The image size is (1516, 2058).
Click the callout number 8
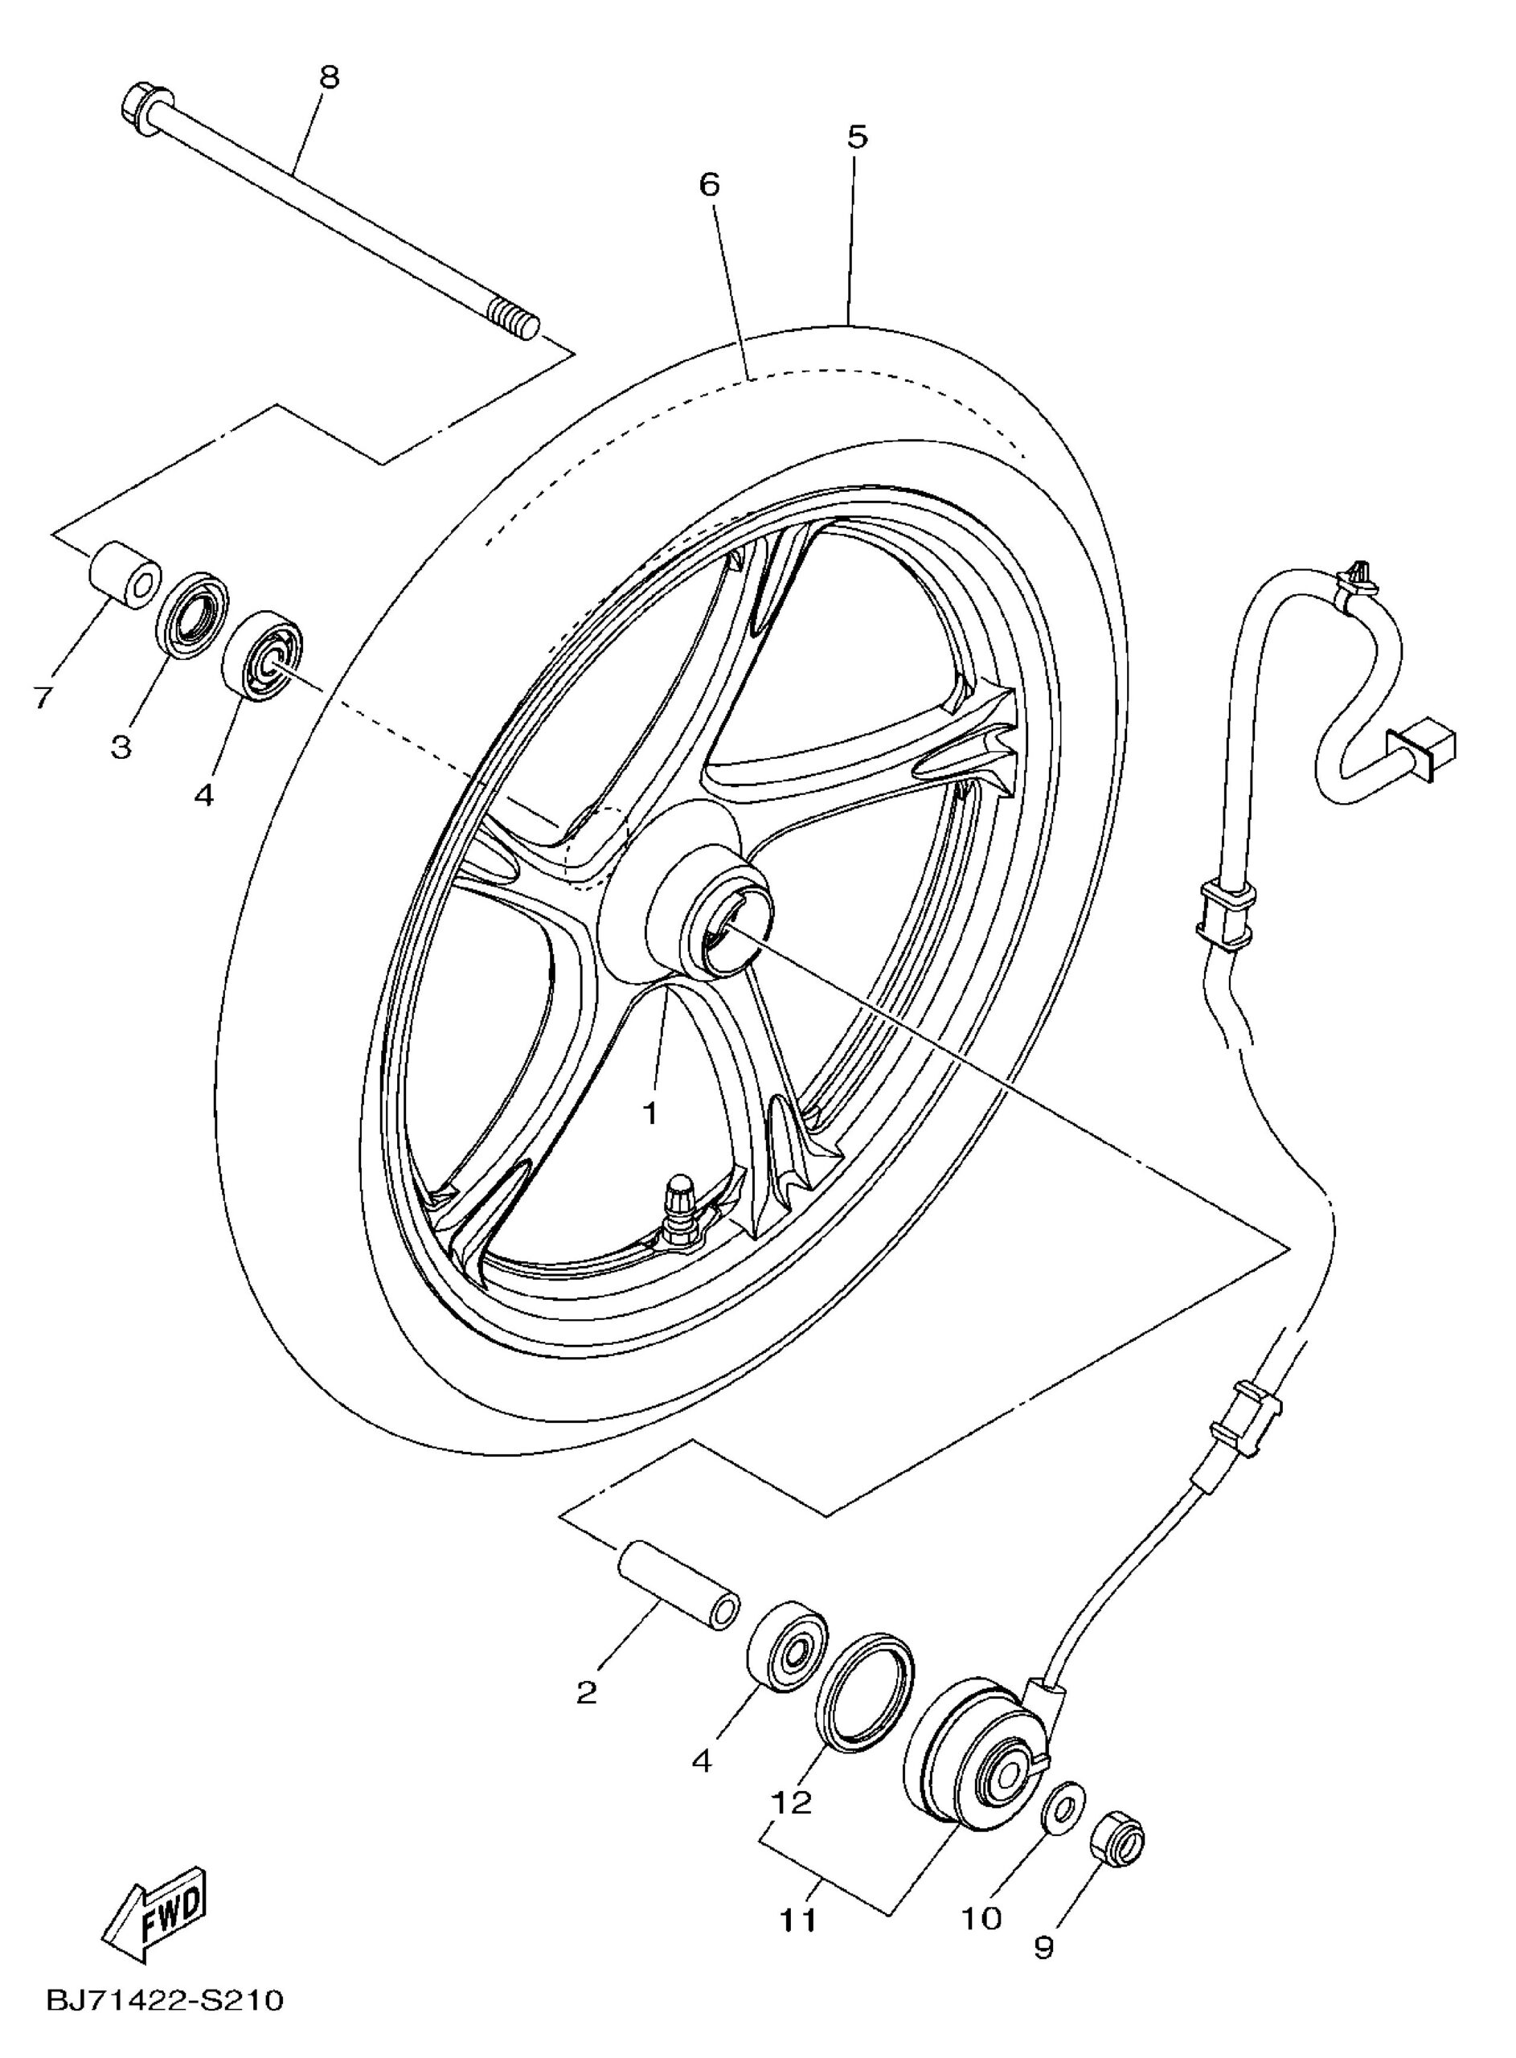pos(328,77)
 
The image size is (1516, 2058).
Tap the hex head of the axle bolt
pos(145,108)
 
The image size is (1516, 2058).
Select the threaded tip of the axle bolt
pos(514,319)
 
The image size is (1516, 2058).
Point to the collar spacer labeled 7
pos(124,574)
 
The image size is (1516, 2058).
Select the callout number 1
pos(649,1113)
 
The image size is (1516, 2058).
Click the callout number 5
pos(856,137)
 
